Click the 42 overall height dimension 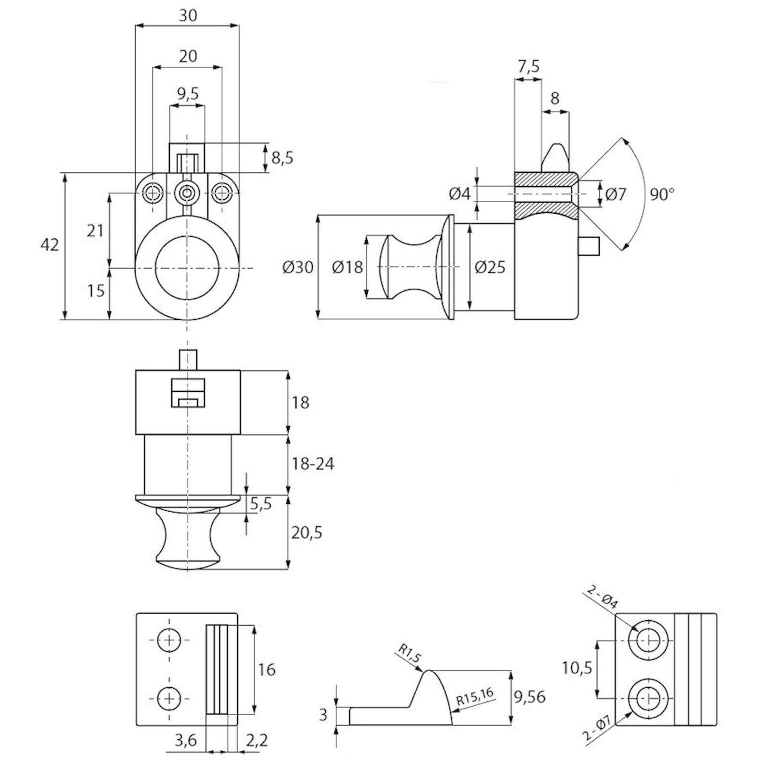(x=50, y=245)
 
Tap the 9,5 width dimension (x=188, y=93)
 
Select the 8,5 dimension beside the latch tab (x=282, y=158)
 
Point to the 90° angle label (x=662, y=194)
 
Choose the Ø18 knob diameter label (x=347, y=267)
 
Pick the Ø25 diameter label (x=490, y=267)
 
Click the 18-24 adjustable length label (x=313, y=464)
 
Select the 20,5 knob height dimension (x=307, y=533)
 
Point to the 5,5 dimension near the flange (x=261, y=504)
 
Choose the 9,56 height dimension (x=529, y=697)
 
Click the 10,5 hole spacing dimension (x=577, y=668)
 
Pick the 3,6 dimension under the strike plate (x=185, y=740)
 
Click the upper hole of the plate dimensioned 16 (x=169, y=640)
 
